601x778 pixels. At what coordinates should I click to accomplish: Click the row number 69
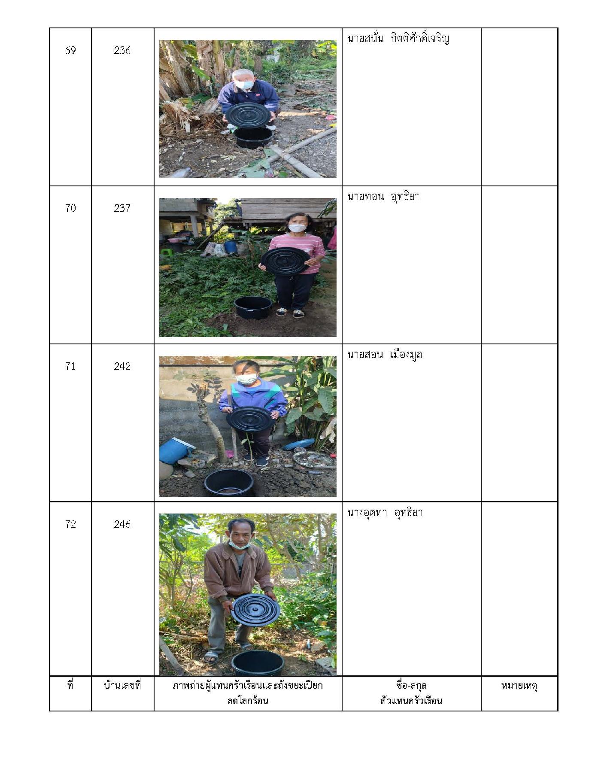[70, 50]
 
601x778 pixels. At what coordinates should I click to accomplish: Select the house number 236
[122, 50]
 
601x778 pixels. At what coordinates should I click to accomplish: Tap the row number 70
[70, 208]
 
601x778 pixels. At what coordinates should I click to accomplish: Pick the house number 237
[122, 208]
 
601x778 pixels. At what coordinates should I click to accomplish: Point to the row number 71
[70, 366]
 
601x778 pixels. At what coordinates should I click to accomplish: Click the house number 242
[122, 366]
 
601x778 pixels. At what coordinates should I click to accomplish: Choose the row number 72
[70, 524]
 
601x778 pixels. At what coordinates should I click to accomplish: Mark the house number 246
[122, 524]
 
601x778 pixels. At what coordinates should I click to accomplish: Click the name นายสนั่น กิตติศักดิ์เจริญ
[398, 39]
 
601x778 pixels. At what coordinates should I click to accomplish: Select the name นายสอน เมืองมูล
[385, 355]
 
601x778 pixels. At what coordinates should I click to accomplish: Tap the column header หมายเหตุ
[519, 686]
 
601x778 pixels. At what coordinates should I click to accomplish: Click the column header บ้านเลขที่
[122, 685]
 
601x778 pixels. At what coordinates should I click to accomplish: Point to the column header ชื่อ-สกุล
[411, 685]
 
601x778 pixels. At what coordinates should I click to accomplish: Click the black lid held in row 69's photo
[248, 114]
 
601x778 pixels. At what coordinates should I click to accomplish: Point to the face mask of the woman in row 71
[247, 379]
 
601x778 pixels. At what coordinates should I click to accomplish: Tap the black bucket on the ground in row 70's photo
[253, 307]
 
